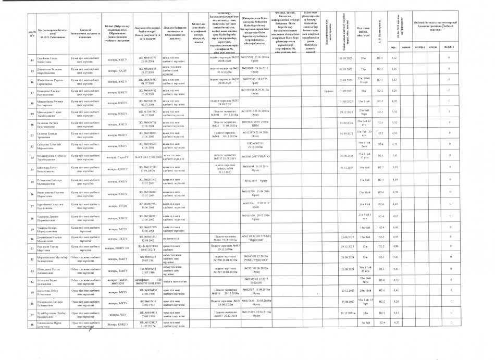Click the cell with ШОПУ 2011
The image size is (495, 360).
[x=117, y=246]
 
